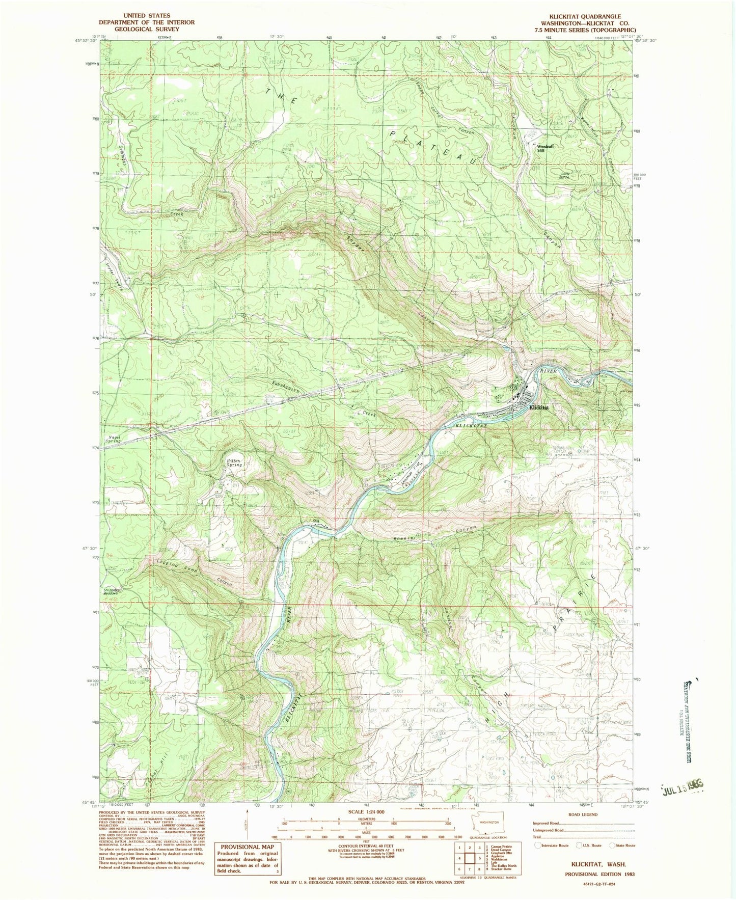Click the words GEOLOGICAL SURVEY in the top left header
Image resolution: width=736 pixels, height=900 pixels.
point(147,29)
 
